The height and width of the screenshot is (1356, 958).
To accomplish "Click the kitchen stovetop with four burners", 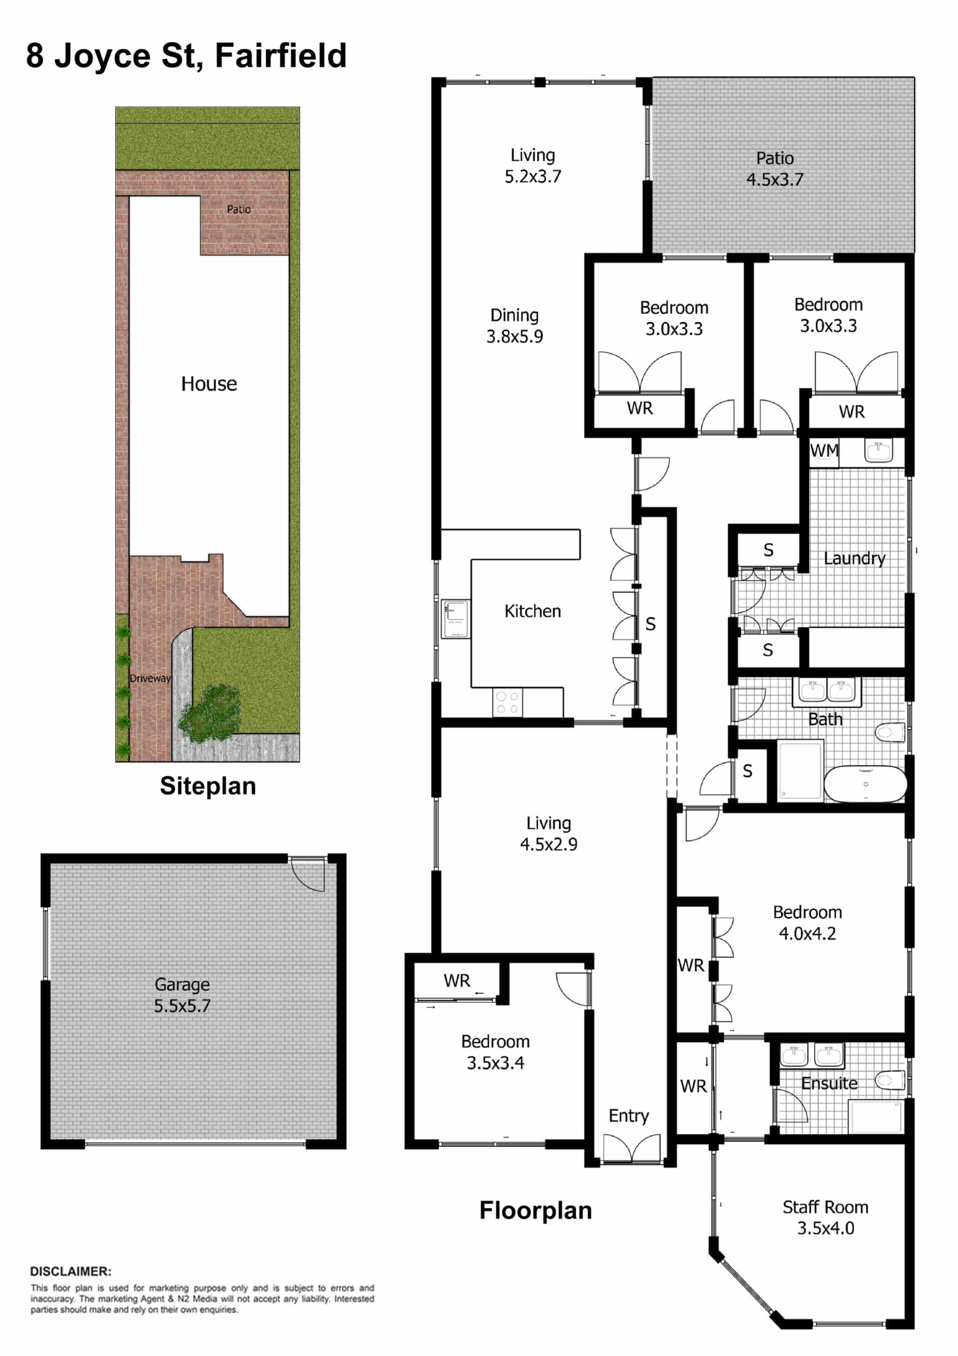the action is tap(507, 703).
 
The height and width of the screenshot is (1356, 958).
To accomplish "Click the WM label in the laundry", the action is tap(824, 451).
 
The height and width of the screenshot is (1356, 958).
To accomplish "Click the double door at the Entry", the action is tap(631, 1148).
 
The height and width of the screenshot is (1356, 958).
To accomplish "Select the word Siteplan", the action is tap(208, 786).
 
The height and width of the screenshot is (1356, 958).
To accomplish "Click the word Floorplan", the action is tap(536, 1210).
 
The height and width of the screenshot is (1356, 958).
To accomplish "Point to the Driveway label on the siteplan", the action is tap(150, 678).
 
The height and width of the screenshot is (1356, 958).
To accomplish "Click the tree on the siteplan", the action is tap(210, 713).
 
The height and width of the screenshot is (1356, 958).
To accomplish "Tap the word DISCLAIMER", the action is tap(71, 1271).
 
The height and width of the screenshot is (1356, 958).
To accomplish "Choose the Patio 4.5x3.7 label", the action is tap(775, 168).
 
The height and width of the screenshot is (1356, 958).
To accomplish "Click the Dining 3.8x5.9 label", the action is tap(514, 325).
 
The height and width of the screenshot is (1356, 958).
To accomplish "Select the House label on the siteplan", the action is tap(209, 384).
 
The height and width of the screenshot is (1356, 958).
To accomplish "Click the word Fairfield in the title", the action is tap(281, 56).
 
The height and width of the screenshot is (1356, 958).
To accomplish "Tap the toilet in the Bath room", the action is tap(890, 733).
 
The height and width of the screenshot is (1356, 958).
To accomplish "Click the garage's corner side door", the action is tap(308, 873).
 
